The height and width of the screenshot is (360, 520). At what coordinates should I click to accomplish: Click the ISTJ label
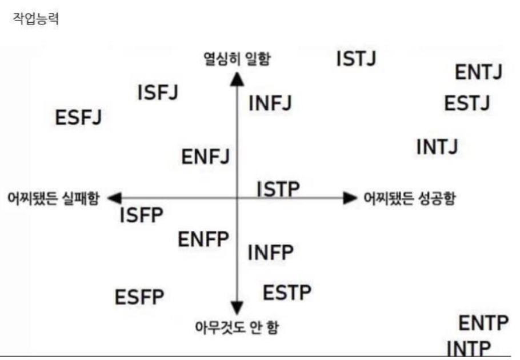pyautogui.click(x=357, y=58)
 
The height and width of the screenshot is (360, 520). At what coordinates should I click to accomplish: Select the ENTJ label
pyautogui.click(x=479, y=73)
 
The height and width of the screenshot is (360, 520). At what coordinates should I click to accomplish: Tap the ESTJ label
pyautogui.click(x=467, y=103)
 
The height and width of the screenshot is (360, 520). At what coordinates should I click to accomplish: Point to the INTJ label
pyautogui.click(x=437, y=147)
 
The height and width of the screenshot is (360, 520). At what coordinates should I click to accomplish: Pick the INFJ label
pyautogui.click(x=270, y=103)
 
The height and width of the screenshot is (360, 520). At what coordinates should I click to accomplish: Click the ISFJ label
pyautogui.click(x=158, y=93)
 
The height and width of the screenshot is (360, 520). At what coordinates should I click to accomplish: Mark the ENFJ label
pyautogui.click(x=205, y=156)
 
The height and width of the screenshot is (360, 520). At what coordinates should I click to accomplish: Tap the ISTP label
pyautogui.click(x=278, y=189)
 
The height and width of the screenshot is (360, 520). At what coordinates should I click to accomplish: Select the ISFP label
pyautogui.click(x=142, y=215)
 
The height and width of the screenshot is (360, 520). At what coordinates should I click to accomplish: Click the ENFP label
pyautogui.click(x=203, y=238)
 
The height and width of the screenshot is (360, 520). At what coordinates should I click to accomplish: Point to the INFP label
pyautogui.click(x=271, y=251)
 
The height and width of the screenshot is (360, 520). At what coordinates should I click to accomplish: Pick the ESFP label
pyautogui.click(x=139, y=297)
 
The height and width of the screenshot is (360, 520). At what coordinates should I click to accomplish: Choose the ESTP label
pyautogui.click(x=287, y=293)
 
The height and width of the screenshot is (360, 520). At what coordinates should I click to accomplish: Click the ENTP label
pyautogui.click(x=483, y=324)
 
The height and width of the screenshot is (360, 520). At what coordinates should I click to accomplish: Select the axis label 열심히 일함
pyautogui.click(x=237, y=58)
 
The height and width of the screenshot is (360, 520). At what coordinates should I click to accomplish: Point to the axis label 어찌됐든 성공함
pyautogui.click(x=409, y=198)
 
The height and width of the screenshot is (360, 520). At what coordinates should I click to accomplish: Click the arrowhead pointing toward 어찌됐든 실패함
pyautogui.click(x=114, y=198)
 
